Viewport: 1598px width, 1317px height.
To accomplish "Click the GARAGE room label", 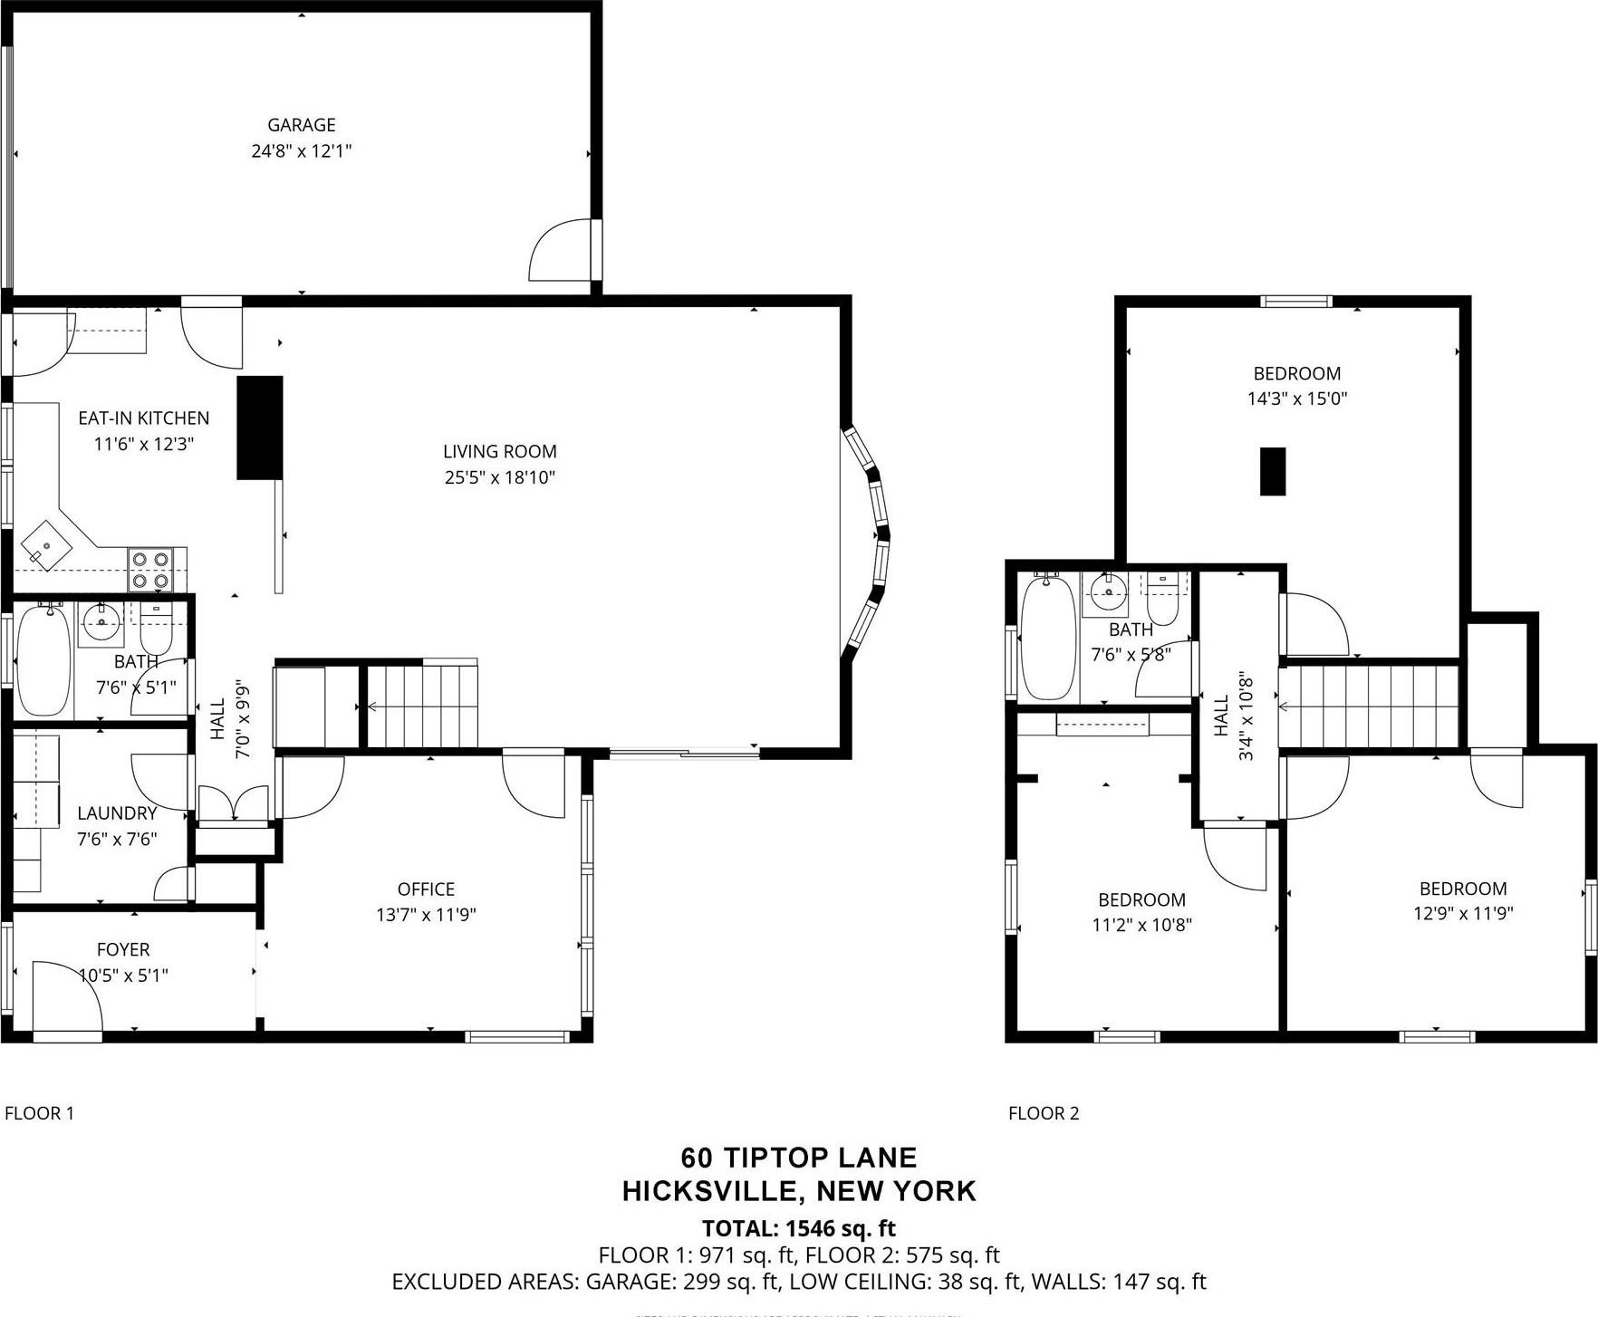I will click(301, 125).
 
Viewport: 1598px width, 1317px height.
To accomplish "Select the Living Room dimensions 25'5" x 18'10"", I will click(499, 477).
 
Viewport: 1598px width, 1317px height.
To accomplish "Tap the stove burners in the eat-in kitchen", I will click(150, 571).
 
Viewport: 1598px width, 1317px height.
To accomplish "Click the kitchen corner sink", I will click(46, 546).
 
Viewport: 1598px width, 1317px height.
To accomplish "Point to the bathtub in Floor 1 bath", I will click(43, 659).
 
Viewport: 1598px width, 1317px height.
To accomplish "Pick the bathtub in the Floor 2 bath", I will click(1049, 638).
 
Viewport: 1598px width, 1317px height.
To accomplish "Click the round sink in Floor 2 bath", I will click(1106, 594).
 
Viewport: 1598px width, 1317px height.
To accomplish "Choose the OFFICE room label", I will click(426, 889).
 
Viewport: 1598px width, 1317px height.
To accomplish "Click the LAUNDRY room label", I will click(117, 813).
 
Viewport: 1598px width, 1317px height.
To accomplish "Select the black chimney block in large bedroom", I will click(1273, 471).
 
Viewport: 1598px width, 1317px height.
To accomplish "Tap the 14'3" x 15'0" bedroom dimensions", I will click(1297, 399).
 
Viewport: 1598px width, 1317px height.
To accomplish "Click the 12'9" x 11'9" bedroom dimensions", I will click(1463, 913).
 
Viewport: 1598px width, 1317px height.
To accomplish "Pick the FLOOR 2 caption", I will click(1044, 1113).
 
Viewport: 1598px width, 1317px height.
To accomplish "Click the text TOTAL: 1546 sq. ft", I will click(798, 1228).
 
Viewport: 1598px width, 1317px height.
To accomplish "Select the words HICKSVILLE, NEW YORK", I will click(798, 1191).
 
